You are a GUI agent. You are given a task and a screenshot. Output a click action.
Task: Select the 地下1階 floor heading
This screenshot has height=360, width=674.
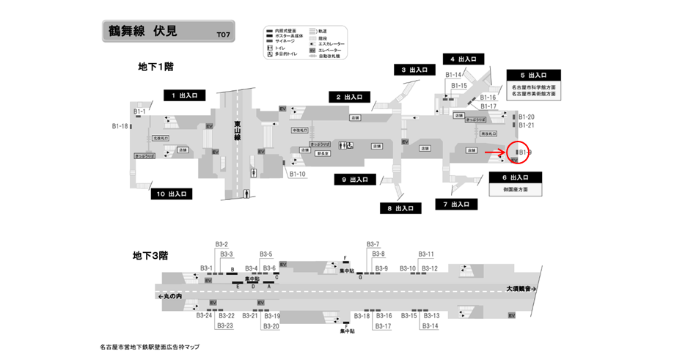[155, 67]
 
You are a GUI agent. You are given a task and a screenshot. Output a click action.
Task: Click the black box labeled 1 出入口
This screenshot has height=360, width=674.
[184, 95]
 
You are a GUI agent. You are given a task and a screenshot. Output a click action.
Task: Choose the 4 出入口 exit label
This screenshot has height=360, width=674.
[464, 59]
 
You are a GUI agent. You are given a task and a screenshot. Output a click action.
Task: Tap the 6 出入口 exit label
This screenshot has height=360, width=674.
[516, 177]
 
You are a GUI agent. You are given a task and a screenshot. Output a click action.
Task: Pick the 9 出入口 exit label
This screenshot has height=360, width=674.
[354, 179]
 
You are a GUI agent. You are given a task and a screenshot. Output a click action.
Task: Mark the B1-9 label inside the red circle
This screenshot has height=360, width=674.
[525, 153]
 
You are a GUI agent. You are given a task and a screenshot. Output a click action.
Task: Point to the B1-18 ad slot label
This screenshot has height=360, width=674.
[120, 126]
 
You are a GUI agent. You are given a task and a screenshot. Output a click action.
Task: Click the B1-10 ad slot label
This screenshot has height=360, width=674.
[297, 174]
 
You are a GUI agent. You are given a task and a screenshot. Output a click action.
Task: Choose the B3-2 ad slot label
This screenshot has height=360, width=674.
[221, 244]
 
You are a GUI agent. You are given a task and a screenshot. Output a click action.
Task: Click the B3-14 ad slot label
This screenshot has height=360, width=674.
[430, 326]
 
